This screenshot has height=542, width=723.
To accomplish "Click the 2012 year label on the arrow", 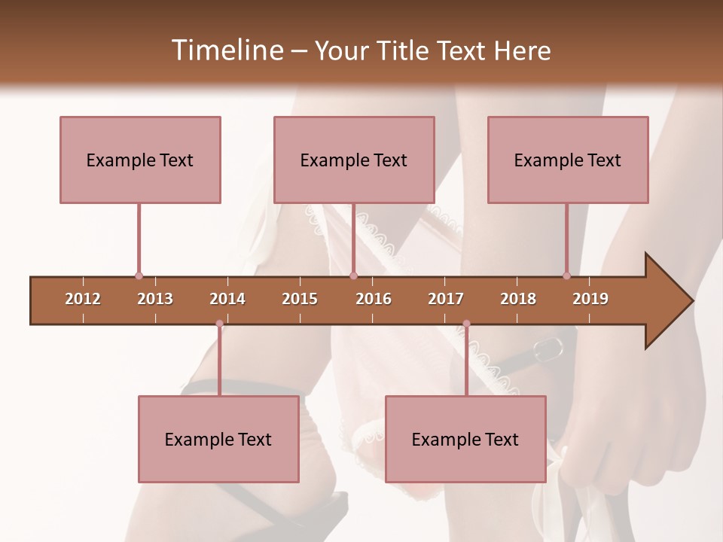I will [83, 299].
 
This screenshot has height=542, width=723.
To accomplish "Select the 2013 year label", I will [155, 299].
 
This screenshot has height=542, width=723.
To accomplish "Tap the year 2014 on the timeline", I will [227, 299].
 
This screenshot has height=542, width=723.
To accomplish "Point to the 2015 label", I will [300, 299].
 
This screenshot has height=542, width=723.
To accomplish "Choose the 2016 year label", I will [374, 299].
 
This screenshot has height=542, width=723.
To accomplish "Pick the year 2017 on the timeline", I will [446, 299].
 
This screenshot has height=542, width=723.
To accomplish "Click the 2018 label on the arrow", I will [518, 299].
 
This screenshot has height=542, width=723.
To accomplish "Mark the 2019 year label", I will [590, 299].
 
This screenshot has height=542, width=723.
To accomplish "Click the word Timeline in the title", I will [225, 50].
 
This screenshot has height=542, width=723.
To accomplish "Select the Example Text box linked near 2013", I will [140, 160].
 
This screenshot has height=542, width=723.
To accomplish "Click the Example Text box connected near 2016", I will [354, 160].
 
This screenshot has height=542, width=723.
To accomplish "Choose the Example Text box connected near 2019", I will [568, 160].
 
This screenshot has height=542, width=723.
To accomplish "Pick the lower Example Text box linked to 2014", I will [218, 439].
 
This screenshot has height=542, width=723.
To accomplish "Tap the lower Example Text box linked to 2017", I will [465, 439].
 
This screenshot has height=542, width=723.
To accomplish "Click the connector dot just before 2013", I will [139, 276].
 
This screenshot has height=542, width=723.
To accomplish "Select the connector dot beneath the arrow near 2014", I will [219, 324].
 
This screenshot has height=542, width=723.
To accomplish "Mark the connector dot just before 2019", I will [566, 276].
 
